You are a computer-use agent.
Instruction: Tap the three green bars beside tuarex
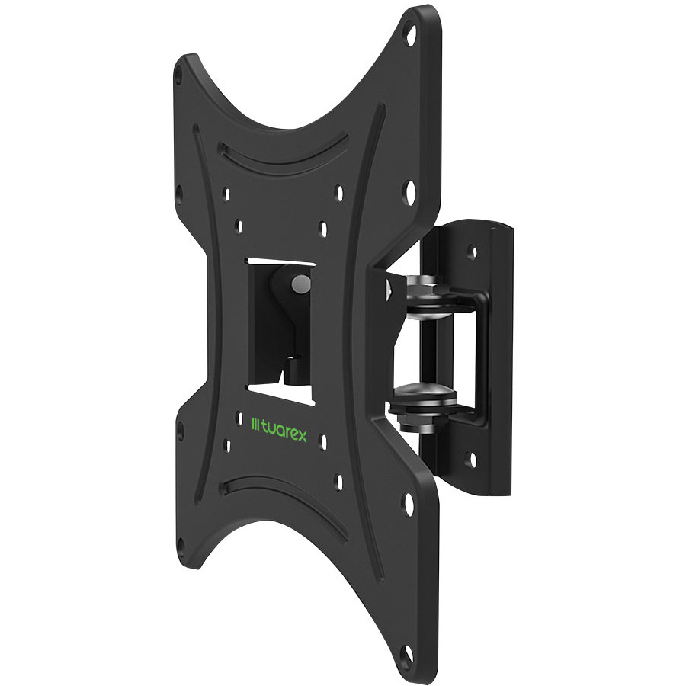tap(255, 425)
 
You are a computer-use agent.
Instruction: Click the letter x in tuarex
tap(301, 436)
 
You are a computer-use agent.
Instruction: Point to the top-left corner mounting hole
tap(178, 76)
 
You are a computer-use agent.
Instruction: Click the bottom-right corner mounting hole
tap(409, 656)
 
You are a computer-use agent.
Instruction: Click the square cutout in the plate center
tap(280, 332)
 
